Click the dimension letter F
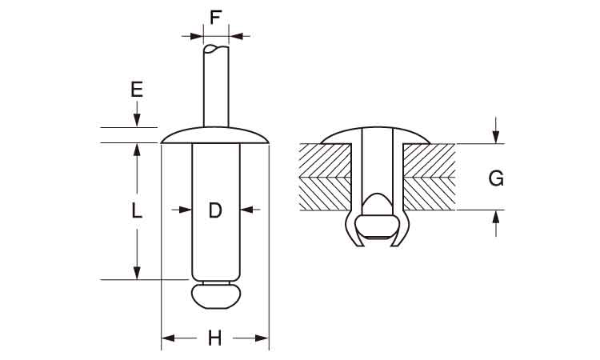click(216, 18)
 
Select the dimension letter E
click(137, 90)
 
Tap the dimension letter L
click(137, 210)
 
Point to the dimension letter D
click(215, 210)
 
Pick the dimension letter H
click(215, 338)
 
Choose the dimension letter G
click(496, 178)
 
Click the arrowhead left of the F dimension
click(197, 36)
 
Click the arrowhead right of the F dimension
click(236, 36)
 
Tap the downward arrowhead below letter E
click(137, 120)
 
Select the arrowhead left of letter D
click(186, 210)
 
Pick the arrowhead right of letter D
click(246, 210)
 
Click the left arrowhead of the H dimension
click(168, 338)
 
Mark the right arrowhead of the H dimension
click(262, 338)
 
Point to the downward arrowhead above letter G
click(496, 137)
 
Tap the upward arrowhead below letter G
click(496, 217)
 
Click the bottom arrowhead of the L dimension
click(137, 273)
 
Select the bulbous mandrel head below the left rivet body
click(216, 296)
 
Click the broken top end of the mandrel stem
click(216, 49)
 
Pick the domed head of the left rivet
click(215, 135)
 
